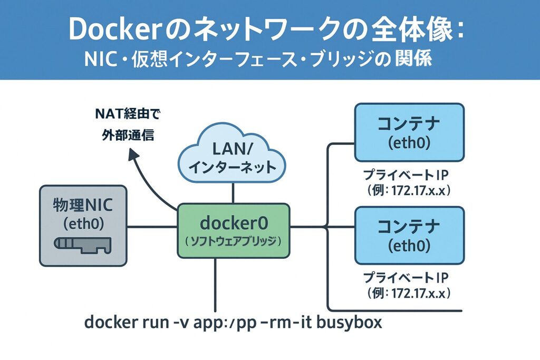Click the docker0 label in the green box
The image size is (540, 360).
pyautogui.click(x=233, y=223)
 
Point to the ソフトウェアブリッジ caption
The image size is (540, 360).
pyautogui.click(x=233, y=240)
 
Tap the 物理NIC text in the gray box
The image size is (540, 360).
pyautogui.click(x=83, y=204)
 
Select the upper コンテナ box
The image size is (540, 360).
pyautogui.click(x=409, y=132)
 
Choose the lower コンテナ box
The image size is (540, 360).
pyautogui.click(x=409, y=235)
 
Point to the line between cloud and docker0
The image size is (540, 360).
pyautogui.click(x=233, y=196)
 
